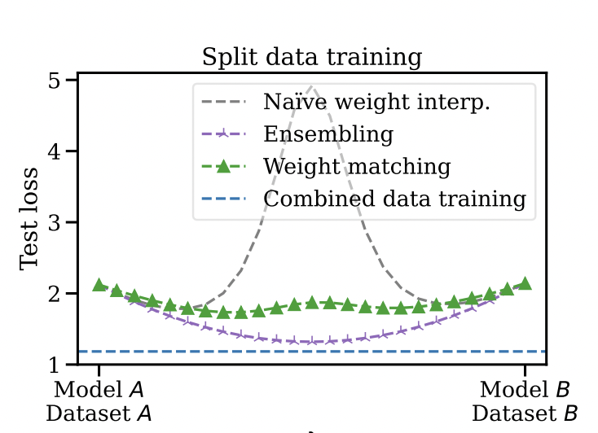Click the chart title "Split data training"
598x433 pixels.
tap(312, 58)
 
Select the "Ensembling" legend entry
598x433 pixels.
tap(328, 133)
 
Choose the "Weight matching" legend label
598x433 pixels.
tap(357, 166)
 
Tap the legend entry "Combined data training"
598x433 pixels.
tap(394, 198)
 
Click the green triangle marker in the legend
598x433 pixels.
tap(222, 166)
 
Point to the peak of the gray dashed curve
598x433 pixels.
tap(312, 85)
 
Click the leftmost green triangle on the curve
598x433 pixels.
tap(99, 285)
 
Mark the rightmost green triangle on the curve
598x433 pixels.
tap(525, 283)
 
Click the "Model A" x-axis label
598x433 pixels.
tap(99, 387)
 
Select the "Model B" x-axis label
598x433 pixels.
tap(525, 387)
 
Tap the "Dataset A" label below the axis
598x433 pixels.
tap(99, 413)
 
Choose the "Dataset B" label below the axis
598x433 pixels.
tap(525, 413)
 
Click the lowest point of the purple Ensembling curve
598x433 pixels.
tap(312, 341)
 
